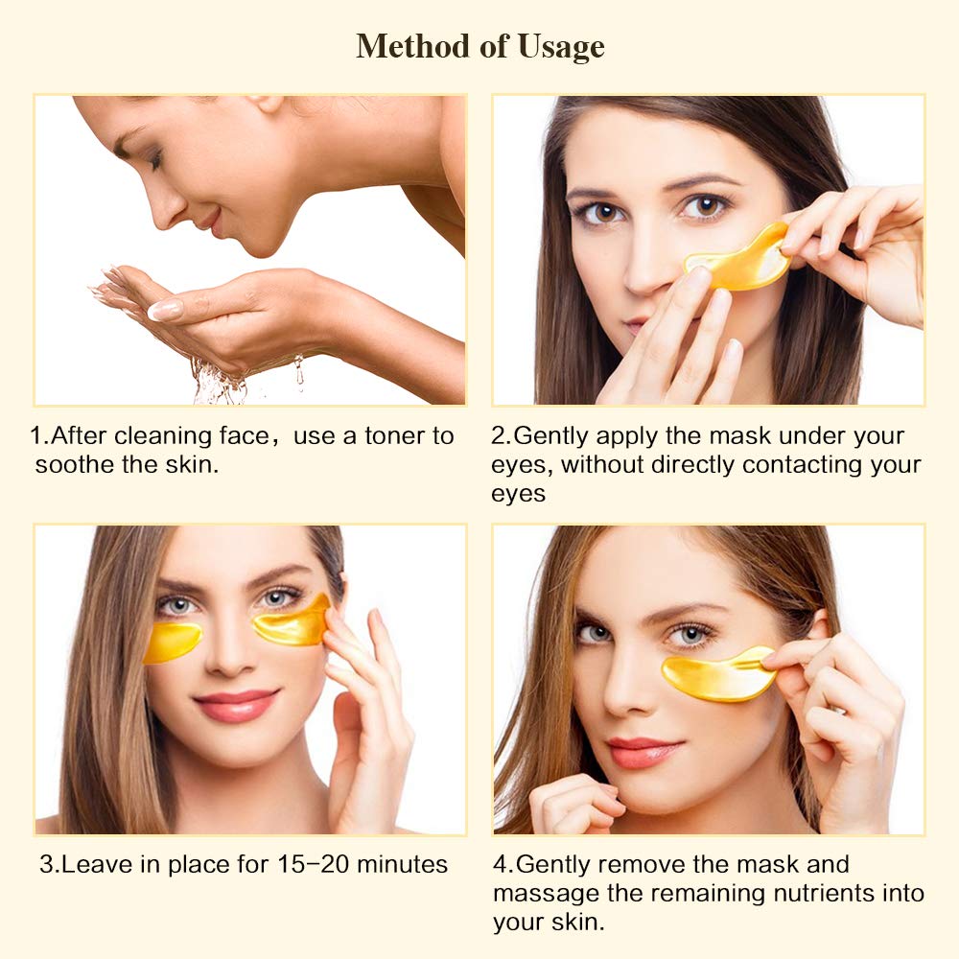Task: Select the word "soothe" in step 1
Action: pos(72,465)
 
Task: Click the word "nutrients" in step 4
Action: pos(785,894)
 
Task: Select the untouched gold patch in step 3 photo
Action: pos(173,641)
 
